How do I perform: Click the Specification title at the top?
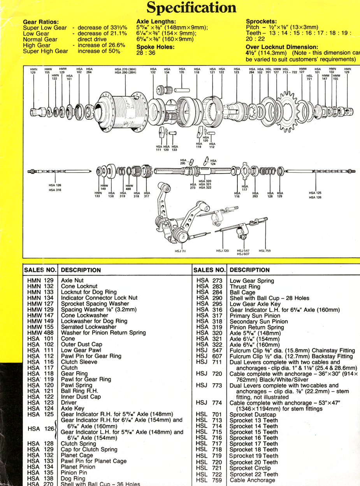(x=192, y=7)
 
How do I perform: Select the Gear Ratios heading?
(x=41, y=22)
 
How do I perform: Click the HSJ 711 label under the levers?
(x=180, y=251)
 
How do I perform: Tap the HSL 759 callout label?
(x=265, y=251)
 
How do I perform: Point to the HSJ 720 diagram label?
(x=222, y=251)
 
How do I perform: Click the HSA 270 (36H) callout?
(x=125, y=69)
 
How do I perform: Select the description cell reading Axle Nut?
(x=72, y=280)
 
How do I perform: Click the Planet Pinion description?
(x=78, y=467)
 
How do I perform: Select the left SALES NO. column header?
(x=40, y=270)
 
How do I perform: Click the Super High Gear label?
(x=46, y=51)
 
